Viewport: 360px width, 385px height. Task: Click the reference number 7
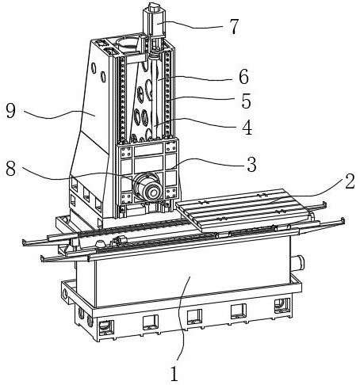[234, 26]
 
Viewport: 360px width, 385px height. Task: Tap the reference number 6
[243, 77]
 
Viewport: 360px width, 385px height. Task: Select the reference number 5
[246, 101]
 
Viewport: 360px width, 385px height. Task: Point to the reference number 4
[247, 128]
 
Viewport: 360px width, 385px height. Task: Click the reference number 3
[251, 164]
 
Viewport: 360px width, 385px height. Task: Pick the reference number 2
[350, 181]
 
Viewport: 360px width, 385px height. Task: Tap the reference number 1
[174, 374]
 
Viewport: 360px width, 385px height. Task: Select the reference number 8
[11, 169]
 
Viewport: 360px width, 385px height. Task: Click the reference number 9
[11, 111]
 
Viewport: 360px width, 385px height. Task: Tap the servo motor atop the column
[154, 21]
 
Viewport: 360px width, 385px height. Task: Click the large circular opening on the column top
[127, 43]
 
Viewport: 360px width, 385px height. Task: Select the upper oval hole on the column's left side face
[94, 67]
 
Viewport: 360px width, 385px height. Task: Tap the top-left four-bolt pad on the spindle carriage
[126, 152]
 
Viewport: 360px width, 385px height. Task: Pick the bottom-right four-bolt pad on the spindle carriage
[170, 192]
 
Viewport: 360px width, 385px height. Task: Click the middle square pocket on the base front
[194, 316]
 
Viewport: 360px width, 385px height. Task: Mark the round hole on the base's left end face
[65, 294]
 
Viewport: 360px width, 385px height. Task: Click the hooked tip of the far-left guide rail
[24, 242]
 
